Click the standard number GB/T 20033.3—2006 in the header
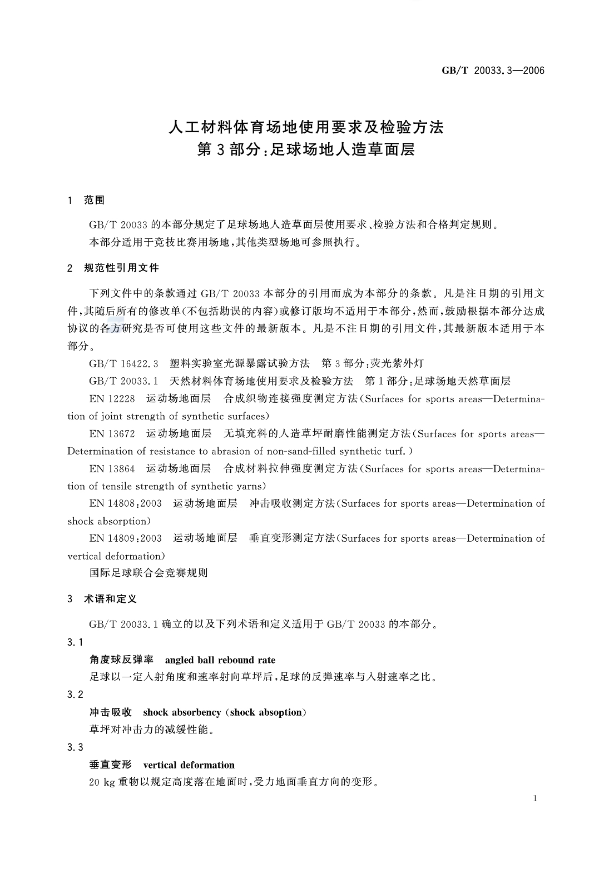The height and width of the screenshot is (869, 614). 492,71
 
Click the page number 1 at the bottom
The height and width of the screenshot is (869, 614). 534,798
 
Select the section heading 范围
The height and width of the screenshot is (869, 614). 94,200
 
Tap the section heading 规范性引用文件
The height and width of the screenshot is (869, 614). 121,268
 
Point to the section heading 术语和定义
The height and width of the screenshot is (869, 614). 110,599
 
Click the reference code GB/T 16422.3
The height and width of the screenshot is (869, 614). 123,363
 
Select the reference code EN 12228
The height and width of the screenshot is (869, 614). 112,398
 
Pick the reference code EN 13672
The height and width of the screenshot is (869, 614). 112,433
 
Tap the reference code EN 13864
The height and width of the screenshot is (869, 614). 112,468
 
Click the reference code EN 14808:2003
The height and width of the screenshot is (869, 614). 125,503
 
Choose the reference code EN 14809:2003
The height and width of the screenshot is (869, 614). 125,538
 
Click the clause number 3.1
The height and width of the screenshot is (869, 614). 75,642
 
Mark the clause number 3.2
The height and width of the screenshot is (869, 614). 75,695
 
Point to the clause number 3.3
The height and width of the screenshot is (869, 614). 75,747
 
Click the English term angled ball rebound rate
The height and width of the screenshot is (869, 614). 220,660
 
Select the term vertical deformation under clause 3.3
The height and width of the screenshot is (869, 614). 189,765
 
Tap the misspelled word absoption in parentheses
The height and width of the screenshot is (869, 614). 281,712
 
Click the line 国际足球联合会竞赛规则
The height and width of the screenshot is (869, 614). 148,573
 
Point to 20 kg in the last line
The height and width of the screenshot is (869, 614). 101,782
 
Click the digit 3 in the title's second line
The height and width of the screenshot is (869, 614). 220,150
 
